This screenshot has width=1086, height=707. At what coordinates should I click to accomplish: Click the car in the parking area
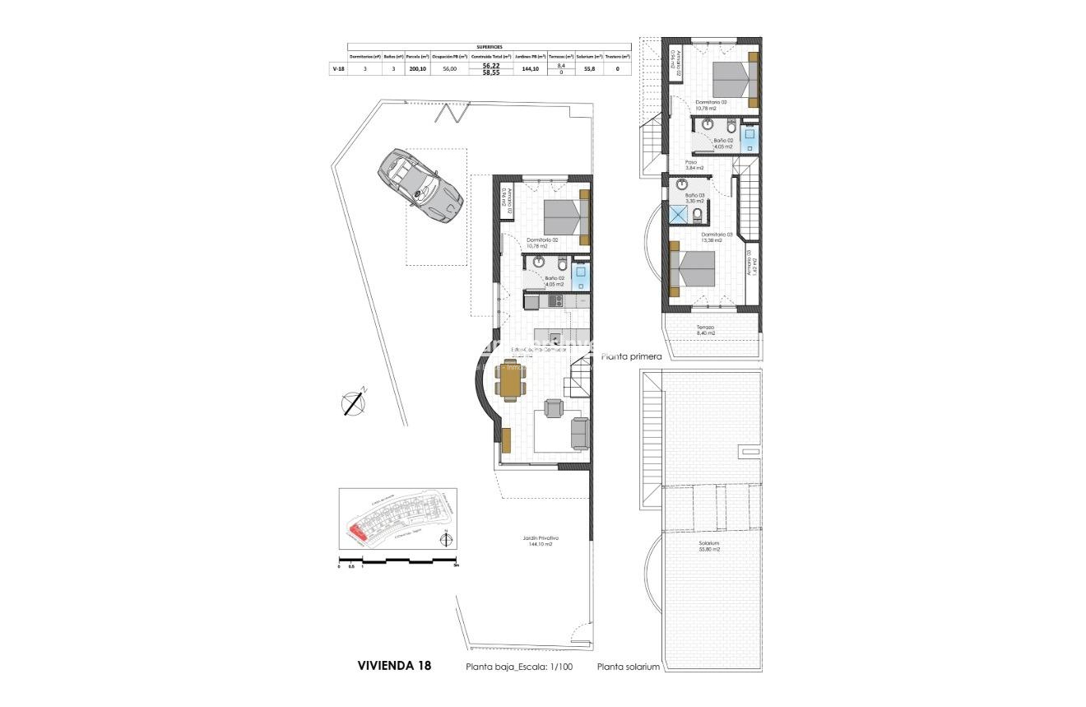[x=419, y=186]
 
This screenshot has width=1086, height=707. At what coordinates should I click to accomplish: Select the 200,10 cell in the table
[x=418, y=69]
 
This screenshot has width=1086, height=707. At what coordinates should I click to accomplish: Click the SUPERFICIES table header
[x=489, y=47]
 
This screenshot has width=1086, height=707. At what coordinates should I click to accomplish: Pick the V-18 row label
[x=337, y=69]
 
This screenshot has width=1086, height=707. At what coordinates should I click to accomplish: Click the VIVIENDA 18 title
[x=394, y=665]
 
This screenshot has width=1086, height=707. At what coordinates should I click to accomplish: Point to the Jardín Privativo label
[x=540, y=541]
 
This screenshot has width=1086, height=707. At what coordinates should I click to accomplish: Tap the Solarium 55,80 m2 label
[x=706, y=546]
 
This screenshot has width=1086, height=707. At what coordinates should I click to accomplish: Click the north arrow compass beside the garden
[x=354, y=402]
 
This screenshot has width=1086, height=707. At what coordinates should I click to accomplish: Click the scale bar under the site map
[x=398, y=561]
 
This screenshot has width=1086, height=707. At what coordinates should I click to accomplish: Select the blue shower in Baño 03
[x=680, y=214]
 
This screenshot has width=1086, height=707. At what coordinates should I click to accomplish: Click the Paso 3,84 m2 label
[x=690, y=165]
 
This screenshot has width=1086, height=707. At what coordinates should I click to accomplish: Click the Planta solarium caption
[x=629, y=667]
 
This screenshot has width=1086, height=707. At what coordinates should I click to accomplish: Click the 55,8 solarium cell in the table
[x=589, y=69]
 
